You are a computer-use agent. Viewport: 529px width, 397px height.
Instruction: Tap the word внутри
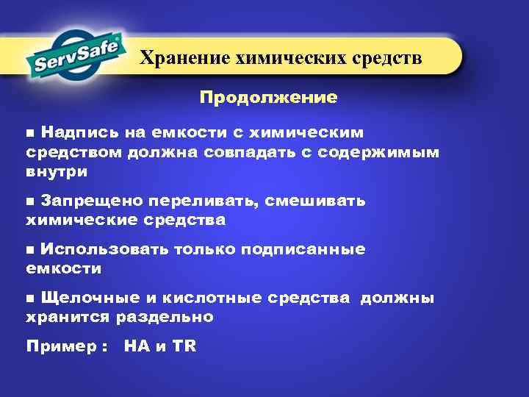[57, 172]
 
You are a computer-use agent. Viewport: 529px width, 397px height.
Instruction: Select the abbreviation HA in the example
[137, 346]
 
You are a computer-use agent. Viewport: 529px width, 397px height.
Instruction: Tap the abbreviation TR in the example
[184, 346]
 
